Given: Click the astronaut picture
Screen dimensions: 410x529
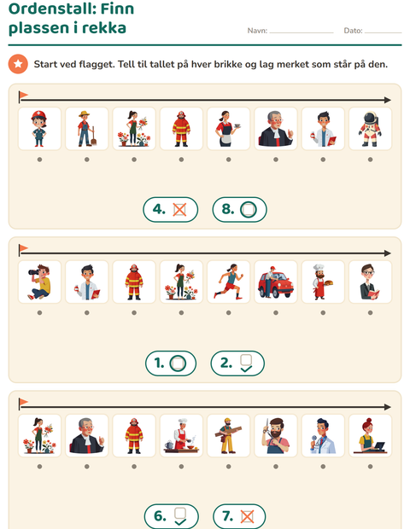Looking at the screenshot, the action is pos(370,129).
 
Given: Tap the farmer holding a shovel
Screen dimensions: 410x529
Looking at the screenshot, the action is pos(87,129).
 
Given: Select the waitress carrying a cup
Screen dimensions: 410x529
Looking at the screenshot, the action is pos(229,129).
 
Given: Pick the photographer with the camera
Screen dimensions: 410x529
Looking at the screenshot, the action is pos(39,282).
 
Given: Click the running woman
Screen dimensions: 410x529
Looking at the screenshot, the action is pos(229,282).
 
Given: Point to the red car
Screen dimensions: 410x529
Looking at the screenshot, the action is pos(276,282).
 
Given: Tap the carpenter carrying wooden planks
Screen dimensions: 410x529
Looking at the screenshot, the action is pos(229,435).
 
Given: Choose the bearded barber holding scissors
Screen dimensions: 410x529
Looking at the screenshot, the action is pos(276,435).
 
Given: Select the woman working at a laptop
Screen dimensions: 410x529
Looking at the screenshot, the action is pos(370,435).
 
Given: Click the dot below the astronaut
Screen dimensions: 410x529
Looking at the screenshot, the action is pos(371,160).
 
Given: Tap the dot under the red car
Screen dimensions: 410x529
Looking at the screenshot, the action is pos(276,313).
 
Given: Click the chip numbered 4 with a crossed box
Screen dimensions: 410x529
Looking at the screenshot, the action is pos(171,210).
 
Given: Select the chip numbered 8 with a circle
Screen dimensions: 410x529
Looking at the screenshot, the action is pos(239,210).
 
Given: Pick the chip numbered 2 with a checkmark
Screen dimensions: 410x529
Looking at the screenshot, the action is pos(237,363).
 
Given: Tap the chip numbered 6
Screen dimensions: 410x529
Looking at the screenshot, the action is pos(171,516).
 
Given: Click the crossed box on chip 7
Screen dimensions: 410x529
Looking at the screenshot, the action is pos(247,516).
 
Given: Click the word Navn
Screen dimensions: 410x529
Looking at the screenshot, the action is pos(257,31).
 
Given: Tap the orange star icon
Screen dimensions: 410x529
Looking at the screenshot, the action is pos(18,64).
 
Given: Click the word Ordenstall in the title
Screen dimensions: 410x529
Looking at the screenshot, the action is pos(46,9).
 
